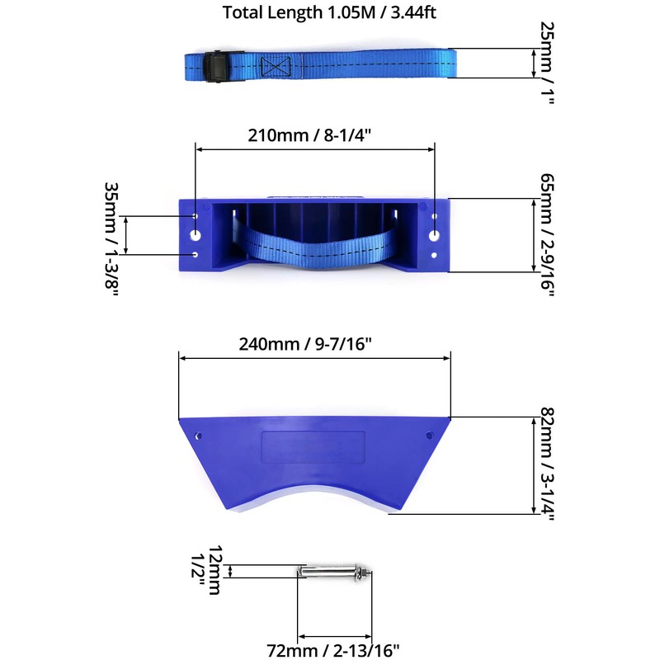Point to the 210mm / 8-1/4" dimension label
[314, 135]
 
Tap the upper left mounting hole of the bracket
[196, 216]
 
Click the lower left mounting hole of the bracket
[196, 255]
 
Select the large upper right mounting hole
[434, 235]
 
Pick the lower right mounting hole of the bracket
[434, 255]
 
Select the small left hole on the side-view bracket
[198, 435]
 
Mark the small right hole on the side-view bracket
[428, 435]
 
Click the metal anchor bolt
[334, 572]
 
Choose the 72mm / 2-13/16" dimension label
[334, 649]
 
